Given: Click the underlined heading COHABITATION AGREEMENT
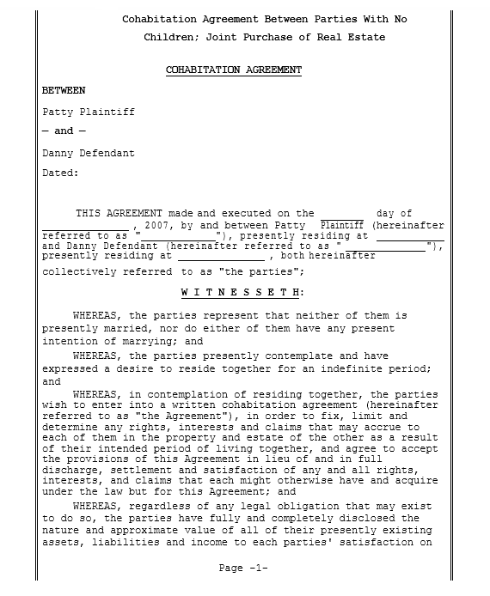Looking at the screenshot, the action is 233,70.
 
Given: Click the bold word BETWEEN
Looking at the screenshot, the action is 64,90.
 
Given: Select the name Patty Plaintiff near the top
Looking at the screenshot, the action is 89,112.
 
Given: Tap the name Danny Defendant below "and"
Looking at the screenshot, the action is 89,153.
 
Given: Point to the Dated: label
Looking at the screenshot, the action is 60,173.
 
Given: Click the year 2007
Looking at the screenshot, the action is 158,224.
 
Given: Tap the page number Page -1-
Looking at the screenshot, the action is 244,569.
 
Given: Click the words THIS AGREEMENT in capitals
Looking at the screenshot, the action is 119,214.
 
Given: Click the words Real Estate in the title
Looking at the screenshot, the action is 356,37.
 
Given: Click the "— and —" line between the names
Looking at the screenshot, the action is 64,131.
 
